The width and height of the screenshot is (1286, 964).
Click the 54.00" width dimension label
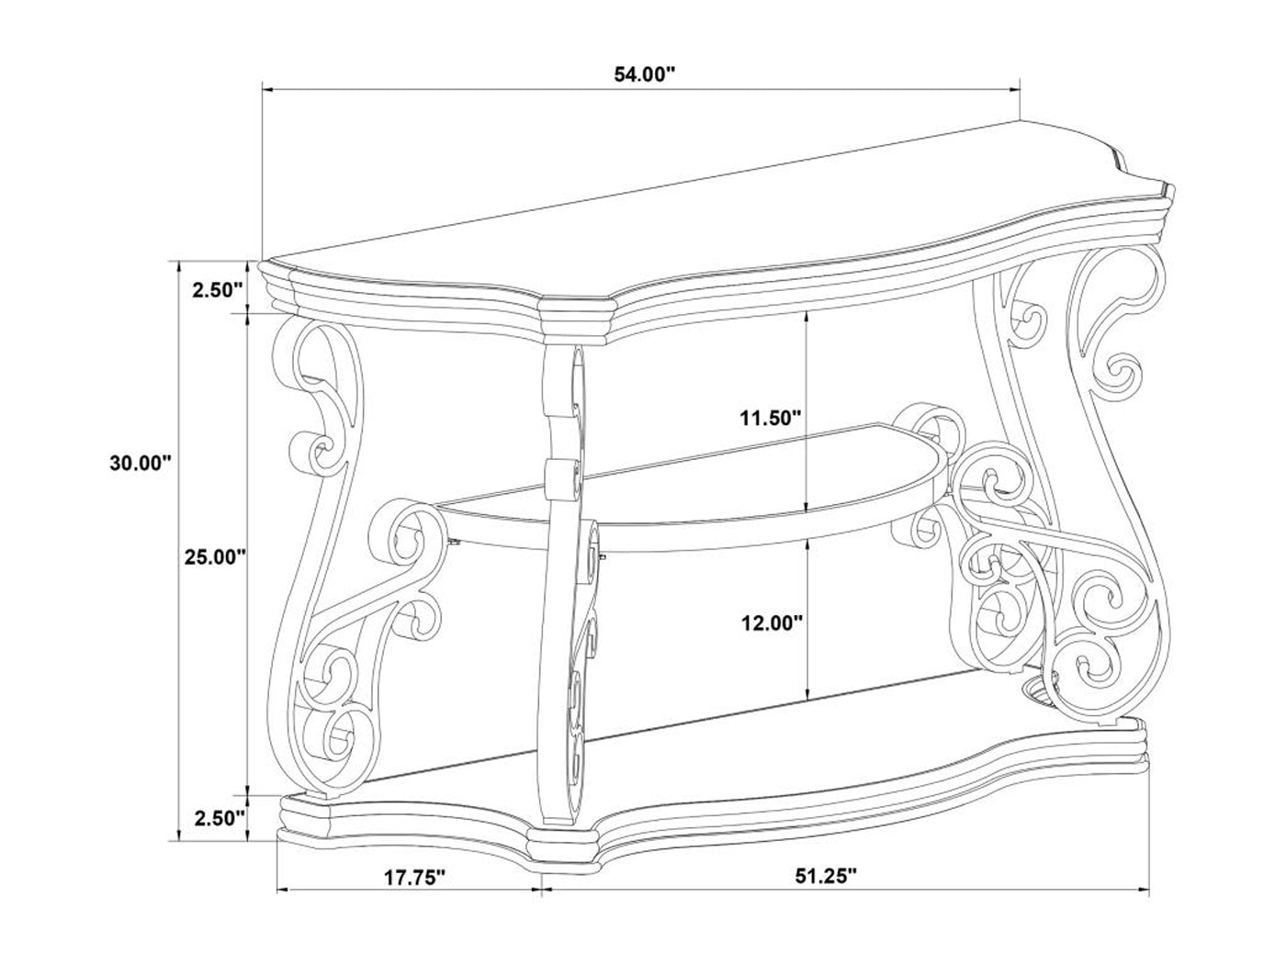644,74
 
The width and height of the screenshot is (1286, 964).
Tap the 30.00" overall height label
140,463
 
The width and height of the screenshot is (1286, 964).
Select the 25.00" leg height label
214,556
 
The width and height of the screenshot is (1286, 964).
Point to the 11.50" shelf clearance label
769,419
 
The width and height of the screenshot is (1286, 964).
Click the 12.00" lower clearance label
771,623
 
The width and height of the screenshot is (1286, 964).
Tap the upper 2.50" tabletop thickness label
218,290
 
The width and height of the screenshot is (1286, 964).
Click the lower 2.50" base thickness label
220,818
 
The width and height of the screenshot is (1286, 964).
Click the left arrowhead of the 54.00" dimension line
267,90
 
